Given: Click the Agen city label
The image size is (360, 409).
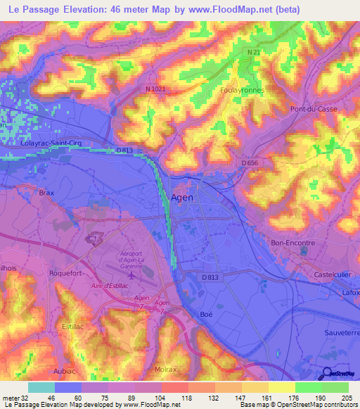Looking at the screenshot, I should [182, 197].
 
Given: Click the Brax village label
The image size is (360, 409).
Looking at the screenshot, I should [46, 193].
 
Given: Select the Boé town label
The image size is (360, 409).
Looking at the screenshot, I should [206, 314].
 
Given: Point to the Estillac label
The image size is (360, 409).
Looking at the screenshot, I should [73, 327].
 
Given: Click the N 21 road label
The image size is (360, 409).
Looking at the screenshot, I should [254, 52].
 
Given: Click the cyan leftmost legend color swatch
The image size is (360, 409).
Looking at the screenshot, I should [41, 387].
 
